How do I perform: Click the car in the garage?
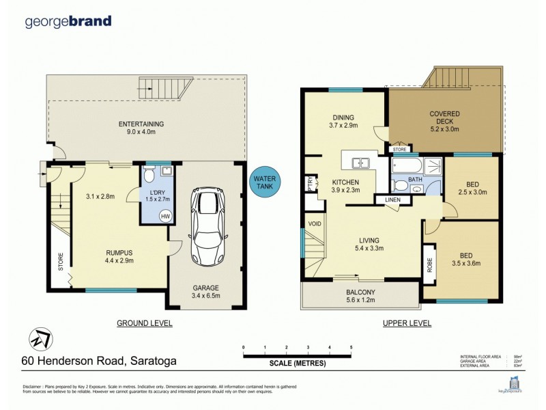[x=204, y=225]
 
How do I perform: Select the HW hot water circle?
[x=164, y=215]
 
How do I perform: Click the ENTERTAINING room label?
[x=141, y=124]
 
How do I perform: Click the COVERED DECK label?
[x=444, y=118]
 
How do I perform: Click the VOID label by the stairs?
[x=315, y=223]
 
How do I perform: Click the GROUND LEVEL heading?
[x=144, y=323]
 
